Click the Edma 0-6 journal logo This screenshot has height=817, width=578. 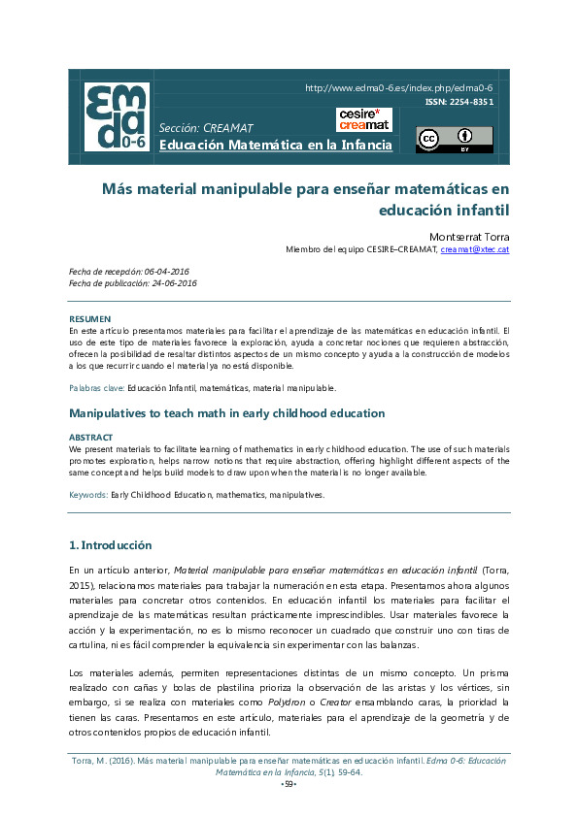pyautogui.click(x=117, y=117)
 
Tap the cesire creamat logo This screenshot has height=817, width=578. pyautogui.click(x=364, y=120)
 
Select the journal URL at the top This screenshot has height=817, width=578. pyautogui.click(x=399, y=87)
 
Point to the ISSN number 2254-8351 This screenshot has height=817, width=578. pyautogui.click(x=459, y=101)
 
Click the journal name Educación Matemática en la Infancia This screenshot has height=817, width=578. pyautogui.click(x=276, y=145)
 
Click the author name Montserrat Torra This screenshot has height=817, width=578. pyautogui.click(x=469, y=236)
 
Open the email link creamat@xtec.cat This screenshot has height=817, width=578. pyautogui.click(x=474, y=249)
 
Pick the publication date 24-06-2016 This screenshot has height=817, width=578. pyautogui.click(x=175, y=283)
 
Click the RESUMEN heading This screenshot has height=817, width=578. pyautogui.click(x=89, y=318)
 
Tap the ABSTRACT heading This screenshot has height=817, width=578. pyautogui.click(x=90, y=438)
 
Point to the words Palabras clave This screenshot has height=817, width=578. pyautogui.click(x=96, y=388)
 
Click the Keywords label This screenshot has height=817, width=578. pyautogui.click(x=88, y=495)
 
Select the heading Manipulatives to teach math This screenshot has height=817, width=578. pyautogui.click(x=226, y=413)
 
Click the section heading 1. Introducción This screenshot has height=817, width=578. pyautogui.click(x=110, y=545)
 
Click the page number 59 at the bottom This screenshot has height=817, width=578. pyautogui.click(x=289, y=783)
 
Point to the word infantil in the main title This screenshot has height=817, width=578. pyautogui.click(x=477, y=208)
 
